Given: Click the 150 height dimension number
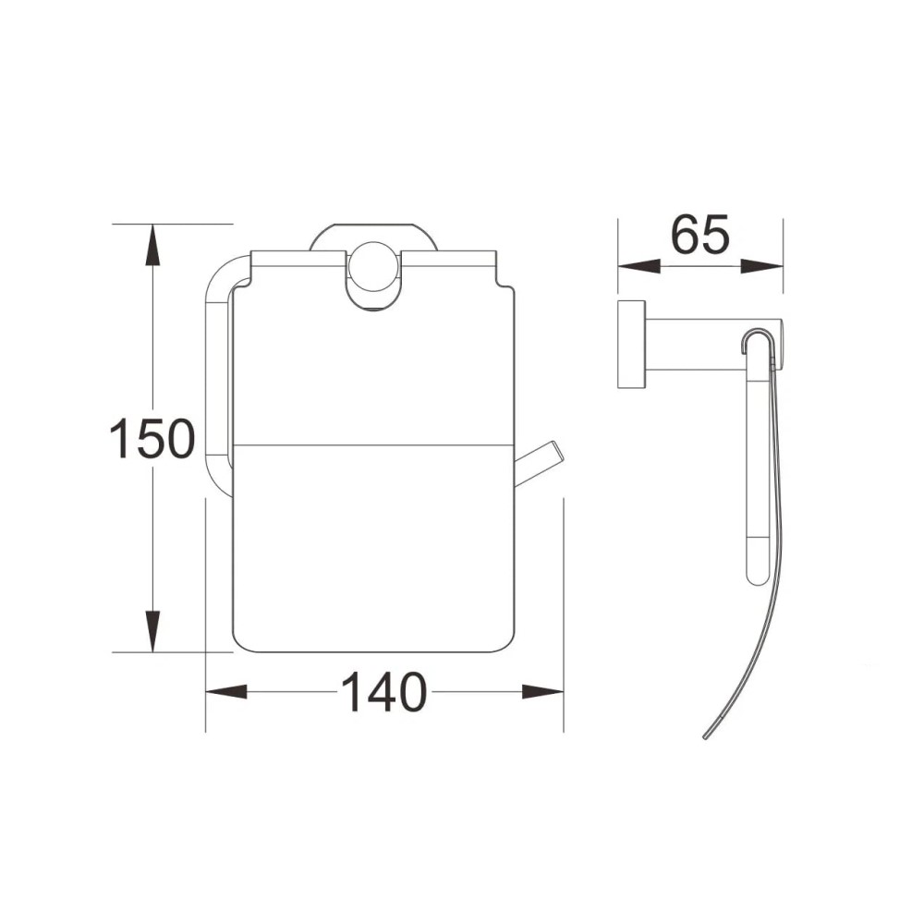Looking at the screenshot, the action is tap(152, 438).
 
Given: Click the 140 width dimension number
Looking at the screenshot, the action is tap(383, 692).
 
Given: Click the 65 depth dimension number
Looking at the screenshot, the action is tap(700, 234).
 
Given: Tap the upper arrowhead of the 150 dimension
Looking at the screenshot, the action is tap(153, 245).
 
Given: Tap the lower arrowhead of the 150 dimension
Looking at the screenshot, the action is tap(153, 631).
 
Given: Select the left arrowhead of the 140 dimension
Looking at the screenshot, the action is tap(226, 691).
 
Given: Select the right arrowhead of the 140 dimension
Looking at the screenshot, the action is tap(542, 691).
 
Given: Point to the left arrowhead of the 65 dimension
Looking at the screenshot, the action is tap(638, 267).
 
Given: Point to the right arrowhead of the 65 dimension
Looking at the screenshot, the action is tap(762, 267).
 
